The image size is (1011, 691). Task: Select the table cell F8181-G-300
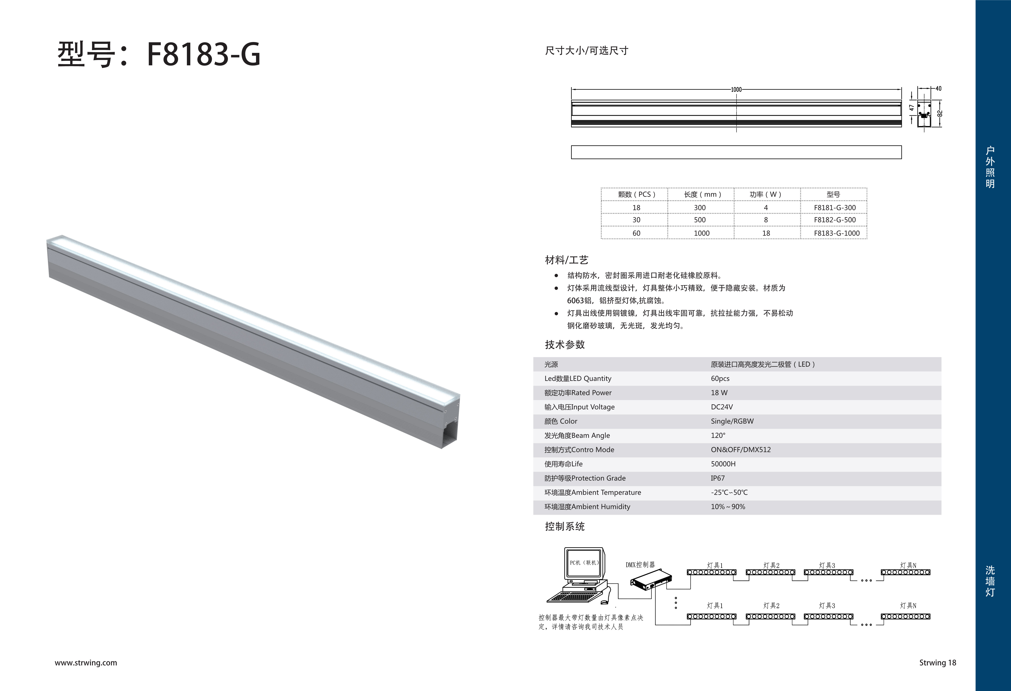[x=834, y=207]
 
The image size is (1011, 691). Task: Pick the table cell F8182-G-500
[x=834, y=220]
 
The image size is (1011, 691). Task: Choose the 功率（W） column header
[x=766, y=194]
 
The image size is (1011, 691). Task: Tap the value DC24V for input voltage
[x=722, y=407]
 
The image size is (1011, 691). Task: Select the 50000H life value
[x=723, y=464]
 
